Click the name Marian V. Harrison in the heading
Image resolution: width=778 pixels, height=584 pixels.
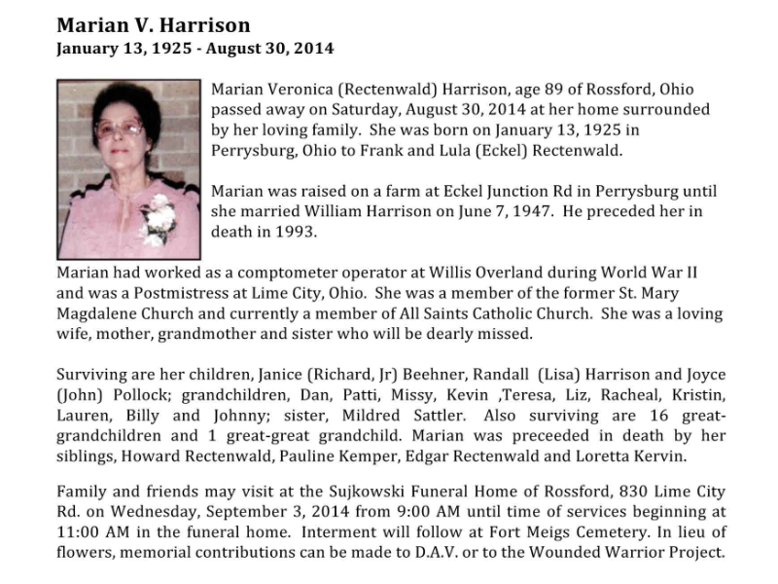[x=153, y=24]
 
